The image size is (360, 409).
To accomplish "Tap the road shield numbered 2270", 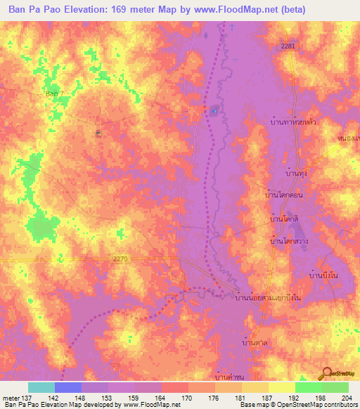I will click(x=120, y=259).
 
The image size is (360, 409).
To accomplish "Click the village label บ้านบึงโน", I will click(x=323, y=274).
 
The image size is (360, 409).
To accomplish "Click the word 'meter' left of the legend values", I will click(x=11, y=397).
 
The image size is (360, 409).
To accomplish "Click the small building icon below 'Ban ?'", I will click(x=98, y=132).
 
